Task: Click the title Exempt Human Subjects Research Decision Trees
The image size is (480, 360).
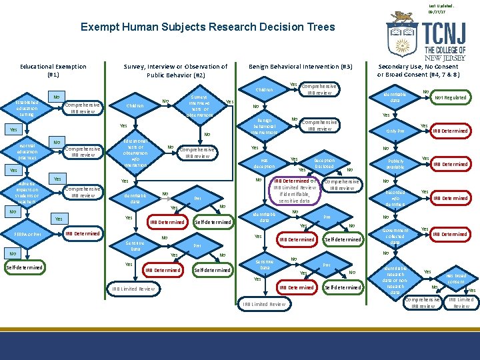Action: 207,27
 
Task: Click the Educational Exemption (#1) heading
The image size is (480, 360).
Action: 53,71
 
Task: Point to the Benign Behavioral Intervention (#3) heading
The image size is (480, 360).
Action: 300,67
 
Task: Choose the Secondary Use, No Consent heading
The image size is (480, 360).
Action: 419,71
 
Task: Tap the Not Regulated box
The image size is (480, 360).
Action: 451,97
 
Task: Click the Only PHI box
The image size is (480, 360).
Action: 395,131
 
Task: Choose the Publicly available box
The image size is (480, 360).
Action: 395,164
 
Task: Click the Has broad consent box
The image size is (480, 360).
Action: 456,278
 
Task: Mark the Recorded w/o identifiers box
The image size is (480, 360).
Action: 395,198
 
